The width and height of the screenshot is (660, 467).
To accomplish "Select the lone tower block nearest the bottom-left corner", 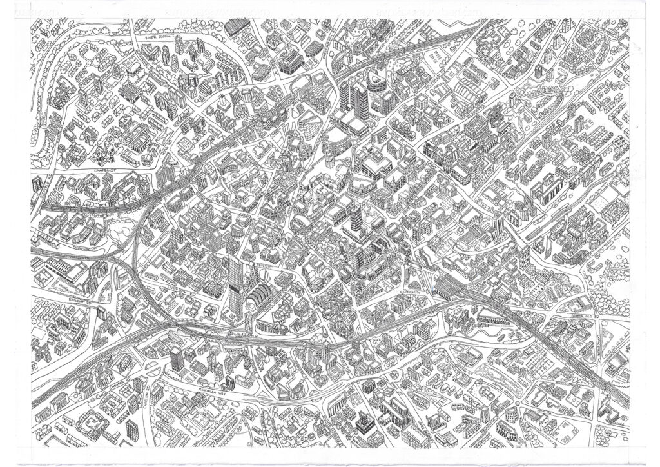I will pos(131,427).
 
